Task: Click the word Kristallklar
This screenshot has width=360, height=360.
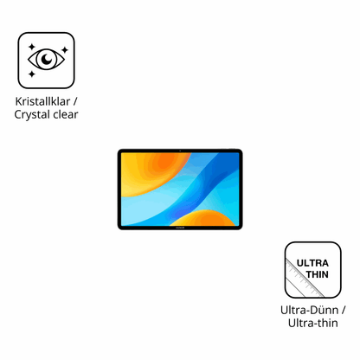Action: click(x=42, y=101)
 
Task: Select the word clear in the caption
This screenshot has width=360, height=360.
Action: click(x=66, y=114)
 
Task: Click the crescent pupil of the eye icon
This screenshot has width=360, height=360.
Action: click(x=47, y=59)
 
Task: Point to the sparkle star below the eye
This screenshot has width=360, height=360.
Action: click(x=32, y=74)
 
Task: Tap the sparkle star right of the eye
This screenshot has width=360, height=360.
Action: click(x=65, y=50)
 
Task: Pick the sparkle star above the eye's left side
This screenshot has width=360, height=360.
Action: click(x=32, y=47)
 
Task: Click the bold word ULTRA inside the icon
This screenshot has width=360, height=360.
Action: click(x=312, y=263)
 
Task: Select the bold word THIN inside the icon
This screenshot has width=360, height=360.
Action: click(x=318, y=274)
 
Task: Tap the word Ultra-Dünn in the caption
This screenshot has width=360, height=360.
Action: click(x=309, y=310)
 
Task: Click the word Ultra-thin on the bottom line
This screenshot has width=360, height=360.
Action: click(x=312, y=323)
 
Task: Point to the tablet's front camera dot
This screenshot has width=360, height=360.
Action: click(x=180, y=151)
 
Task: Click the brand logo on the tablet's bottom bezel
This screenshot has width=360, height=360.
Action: click(x=180, y=228)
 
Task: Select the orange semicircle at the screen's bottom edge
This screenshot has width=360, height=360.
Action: click(x=203, y=218)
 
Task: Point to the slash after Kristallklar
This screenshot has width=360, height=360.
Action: click(x=75, y=101)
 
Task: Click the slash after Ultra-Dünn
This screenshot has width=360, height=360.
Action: click(x=343, y=310)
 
